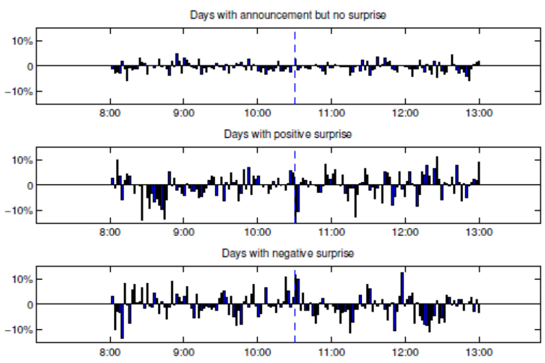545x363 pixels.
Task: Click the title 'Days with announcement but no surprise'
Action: (x=287, y=15)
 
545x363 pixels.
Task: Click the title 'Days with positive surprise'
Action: (x=287, y=135)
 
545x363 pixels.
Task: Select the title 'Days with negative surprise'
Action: (x=287, y=253)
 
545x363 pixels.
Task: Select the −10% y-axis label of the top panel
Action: (x=22, y=91)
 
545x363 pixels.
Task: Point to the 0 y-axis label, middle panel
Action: (x=30, y=185)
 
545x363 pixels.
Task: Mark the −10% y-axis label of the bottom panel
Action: (x=22, y=329)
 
